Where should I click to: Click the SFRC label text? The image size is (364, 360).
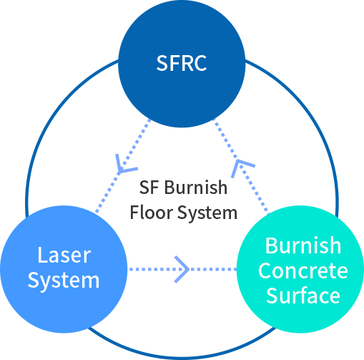click(x=182, y=63)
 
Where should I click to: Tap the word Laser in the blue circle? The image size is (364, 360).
click(x=64, y=255)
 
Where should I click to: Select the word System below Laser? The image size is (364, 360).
click(x=64, y=281)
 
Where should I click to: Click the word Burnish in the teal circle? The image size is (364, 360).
click(x=303, y=245)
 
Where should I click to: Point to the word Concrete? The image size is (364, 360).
click(x=303, y=271)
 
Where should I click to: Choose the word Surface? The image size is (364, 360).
click(x=303, y=296)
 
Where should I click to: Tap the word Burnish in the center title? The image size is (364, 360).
click(x=196, y=187)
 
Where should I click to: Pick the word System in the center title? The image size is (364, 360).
click(x=207, y=213)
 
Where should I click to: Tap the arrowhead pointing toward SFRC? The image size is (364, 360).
click(x=241, y=167)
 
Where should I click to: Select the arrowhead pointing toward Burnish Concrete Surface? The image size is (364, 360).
click(x=182, y=269)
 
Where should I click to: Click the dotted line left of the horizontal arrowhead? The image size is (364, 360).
click(x=152, y=269)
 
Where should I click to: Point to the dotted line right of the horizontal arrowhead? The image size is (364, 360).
click(x=213, y=269)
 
